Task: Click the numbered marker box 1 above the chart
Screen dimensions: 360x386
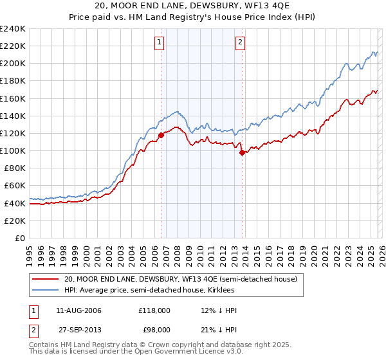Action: pos(159,43)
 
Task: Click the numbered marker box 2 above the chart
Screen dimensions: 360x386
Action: pos(240,43)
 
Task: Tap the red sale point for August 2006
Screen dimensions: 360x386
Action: pos(161,136)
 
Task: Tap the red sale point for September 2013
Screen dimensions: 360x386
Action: pos(242,153)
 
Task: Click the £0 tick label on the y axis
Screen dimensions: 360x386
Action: pos(20,238)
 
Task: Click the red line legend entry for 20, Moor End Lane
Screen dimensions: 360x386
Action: pos(180,280)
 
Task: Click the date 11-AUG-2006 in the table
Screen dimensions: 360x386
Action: pos(78,310)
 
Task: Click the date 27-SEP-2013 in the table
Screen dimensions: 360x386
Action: pos(78,329)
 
